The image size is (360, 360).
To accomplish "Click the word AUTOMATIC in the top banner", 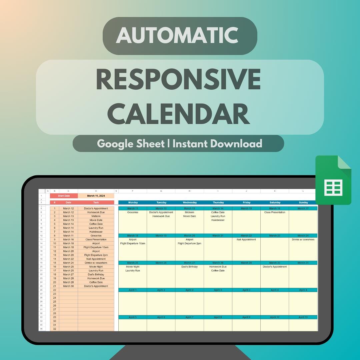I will click(x=180, y=35).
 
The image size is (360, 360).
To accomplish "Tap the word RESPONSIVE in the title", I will click(x=178, y=80).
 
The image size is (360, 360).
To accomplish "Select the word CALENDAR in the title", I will click(x=180, y=114).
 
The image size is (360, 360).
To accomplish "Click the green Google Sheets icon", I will click(x=333, y=180).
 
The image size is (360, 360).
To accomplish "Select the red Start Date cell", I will click(x=64, y=196).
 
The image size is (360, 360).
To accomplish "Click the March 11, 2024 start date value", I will click(x=96, y=196).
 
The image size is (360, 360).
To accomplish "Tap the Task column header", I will click(x=96, y=202).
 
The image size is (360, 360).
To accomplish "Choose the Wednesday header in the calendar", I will click(x=189, y=202).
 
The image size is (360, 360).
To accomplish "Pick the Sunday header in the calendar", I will click(x=303, y=202).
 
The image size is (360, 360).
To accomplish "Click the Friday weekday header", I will click(x=246, y=202).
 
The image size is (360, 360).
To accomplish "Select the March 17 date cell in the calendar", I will click(x=303, y=208).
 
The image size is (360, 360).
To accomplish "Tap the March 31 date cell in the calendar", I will click(x=303, y=263).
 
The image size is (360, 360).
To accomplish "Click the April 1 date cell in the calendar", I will click(x=133, y=290).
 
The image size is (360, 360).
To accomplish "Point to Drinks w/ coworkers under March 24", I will click(x=303, y=239).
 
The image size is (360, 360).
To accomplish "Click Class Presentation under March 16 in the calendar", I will click(x=275, y=212).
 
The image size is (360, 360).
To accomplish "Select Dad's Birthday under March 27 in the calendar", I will click(x=189, y=267).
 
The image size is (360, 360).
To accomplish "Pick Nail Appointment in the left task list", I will click(x=96, y=259).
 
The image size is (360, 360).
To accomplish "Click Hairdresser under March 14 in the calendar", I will click(x=218, y=220).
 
